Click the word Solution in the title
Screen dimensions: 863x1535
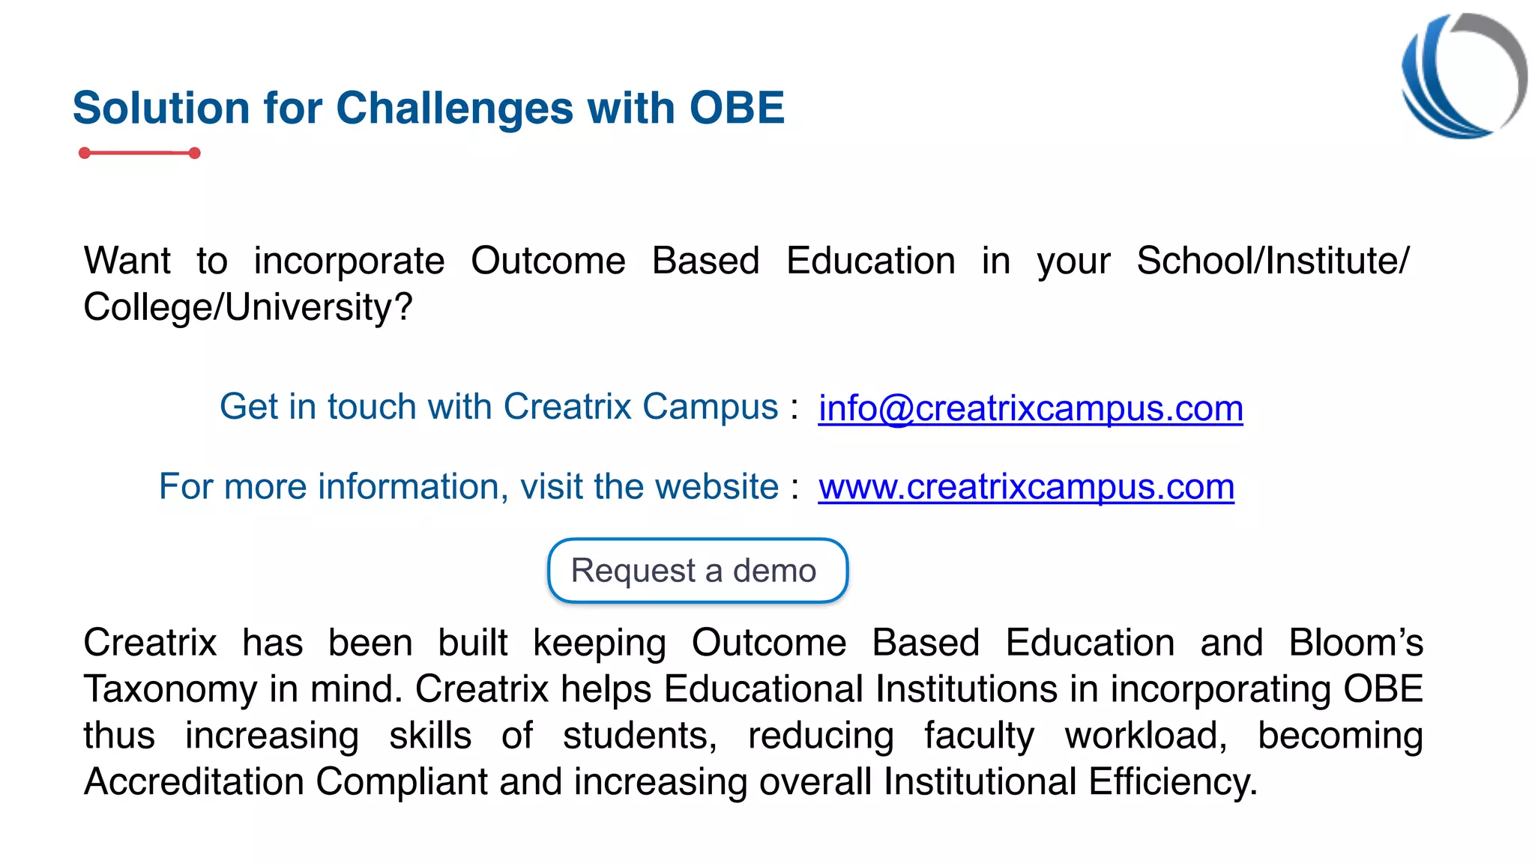160,108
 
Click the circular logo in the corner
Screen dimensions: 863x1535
1463,76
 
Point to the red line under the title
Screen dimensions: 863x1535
139,153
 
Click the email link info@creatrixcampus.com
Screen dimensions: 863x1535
1030,408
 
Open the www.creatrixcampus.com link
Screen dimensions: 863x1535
1025,487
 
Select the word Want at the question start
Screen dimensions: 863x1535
127,261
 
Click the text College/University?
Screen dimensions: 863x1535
247,307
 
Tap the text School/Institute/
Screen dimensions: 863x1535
1272,261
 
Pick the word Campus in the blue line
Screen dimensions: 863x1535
710,407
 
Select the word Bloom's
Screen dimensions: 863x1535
1355,643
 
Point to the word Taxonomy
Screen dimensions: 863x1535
170,689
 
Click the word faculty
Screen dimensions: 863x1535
978,736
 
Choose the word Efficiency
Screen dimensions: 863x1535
1172,781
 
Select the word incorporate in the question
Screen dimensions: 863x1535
349,261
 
